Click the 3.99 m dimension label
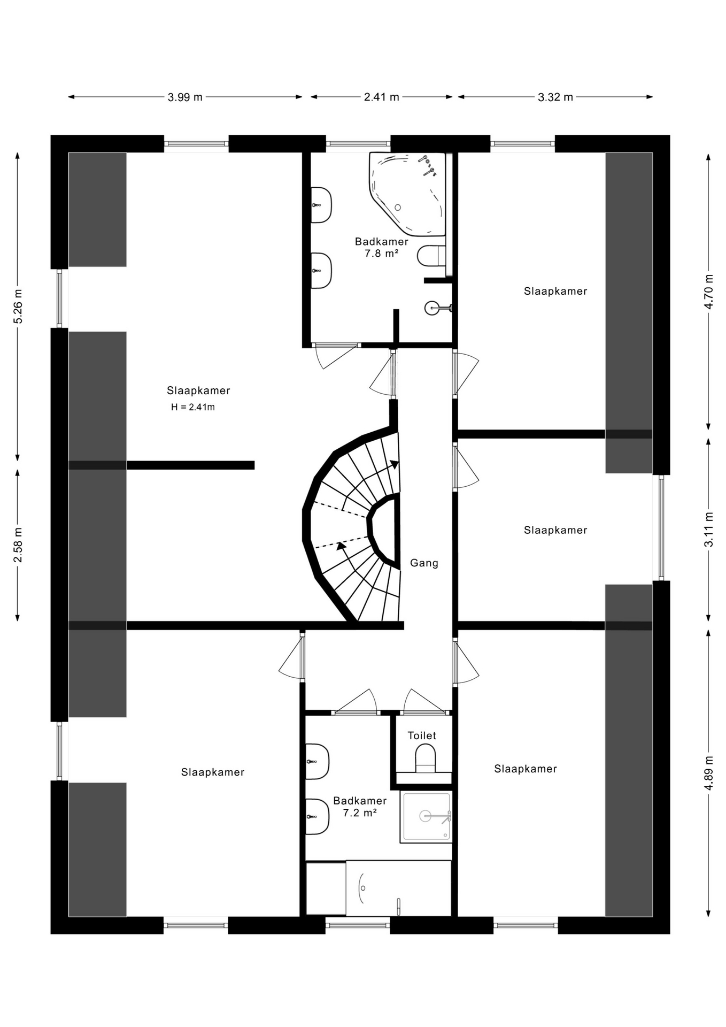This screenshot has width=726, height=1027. point(185,97)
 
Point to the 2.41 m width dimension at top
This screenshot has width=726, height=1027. point(382,97)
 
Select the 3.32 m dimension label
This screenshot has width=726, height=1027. point(555,97)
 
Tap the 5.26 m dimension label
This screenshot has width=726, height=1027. point(18,306)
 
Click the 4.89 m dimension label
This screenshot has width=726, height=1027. point(709,772)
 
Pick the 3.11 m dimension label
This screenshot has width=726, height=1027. point(709,530)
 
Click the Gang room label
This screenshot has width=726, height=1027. point(424,563)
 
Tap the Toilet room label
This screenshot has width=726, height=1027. point(422,735)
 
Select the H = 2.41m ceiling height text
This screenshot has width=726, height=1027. point(193,407)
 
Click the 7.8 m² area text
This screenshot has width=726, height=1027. point(382,254)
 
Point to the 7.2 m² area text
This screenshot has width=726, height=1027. point(360,813)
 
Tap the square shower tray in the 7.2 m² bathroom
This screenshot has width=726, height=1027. point(426,817)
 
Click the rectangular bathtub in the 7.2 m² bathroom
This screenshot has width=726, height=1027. point(398,888)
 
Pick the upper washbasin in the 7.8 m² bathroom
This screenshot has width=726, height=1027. point(321,205)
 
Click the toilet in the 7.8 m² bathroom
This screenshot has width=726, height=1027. point(431,256)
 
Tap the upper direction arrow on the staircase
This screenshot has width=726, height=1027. point(394,464)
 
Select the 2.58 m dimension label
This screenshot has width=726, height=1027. point(18,545)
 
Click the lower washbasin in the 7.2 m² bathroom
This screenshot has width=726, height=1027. point(317,817)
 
